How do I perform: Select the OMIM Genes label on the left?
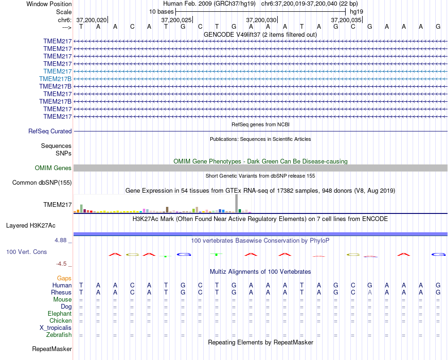point(53,168)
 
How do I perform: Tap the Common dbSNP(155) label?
point(42,183)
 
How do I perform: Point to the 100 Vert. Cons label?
point(26,252)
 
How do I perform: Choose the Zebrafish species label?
point(59,335)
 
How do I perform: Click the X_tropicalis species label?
point(56,328)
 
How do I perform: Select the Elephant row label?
point(59,314)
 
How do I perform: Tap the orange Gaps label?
point(64,278)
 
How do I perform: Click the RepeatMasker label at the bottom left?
point(52,349)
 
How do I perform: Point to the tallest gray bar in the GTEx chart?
point(237,204)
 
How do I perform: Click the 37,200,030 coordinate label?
point(261,20)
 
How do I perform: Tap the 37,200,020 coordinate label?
point(91,20)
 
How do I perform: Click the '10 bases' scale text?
point(161,11)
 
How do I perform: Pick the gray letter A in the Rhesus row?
point(370,293)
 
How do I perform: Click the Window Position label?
point(49,4)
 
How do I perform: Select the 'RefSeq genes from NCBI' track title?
point(260,124)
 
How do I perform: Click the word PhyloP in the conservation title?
point(321,241)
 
